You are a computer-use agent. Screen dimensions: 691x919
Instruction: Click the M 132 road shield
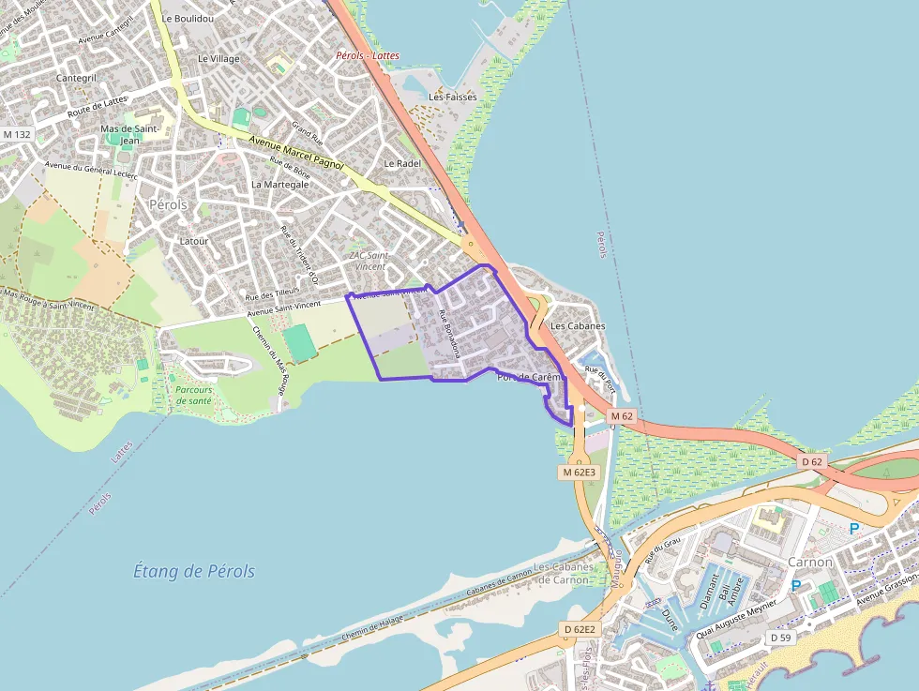click(x=17, y=135)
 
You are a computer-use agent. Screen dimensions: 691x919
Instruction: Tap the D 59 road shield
click(x=780, y=638)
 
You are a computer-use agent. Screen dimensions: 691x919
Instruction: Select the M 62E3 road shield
click(x=580, y=473)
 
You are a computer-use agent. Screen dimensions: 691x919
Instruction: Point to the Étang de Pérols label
click(x=194, y=571)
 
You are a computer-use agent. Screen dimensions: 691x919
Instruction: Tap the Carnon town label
click(x=810, y=562)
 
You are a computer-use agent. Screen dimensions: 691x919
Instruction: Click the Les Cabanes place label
click(x=578, y=326)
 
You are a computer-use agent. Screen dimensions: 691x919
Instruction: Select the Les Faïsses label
click(x=453, y=97)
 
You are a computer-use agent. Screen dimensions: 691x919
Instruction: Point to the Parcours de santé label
click(x=194, y=395)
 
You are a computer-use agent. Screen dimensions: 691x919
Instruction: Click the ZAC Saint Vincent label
click(x=368, y=261)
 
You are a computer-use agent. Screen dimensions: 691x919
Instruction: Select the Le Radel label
click(x=402, y=163)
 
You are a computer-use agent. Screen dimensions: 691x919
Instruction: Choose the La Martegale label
click(x=279, y=185)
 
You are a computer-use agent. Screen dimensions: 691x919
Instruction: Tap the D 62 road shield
click(x=812, y=462)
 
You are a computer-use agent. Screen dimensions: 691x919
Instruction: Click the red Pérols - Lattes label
click(x=368, y=55)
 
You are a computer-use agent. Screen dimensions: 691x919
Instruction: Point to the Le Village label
click(x=218, y=58)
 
